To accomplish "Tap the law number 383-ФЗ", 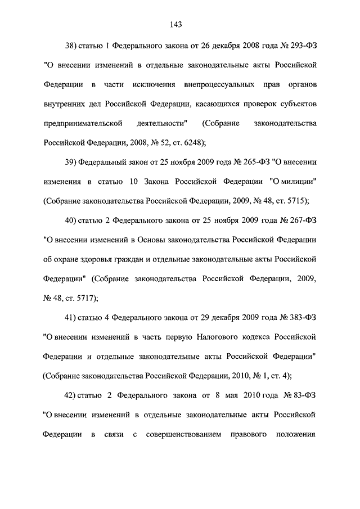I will click(x=302, y=318).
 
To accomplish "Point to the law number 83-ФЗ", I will click(x=304, y=396).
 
